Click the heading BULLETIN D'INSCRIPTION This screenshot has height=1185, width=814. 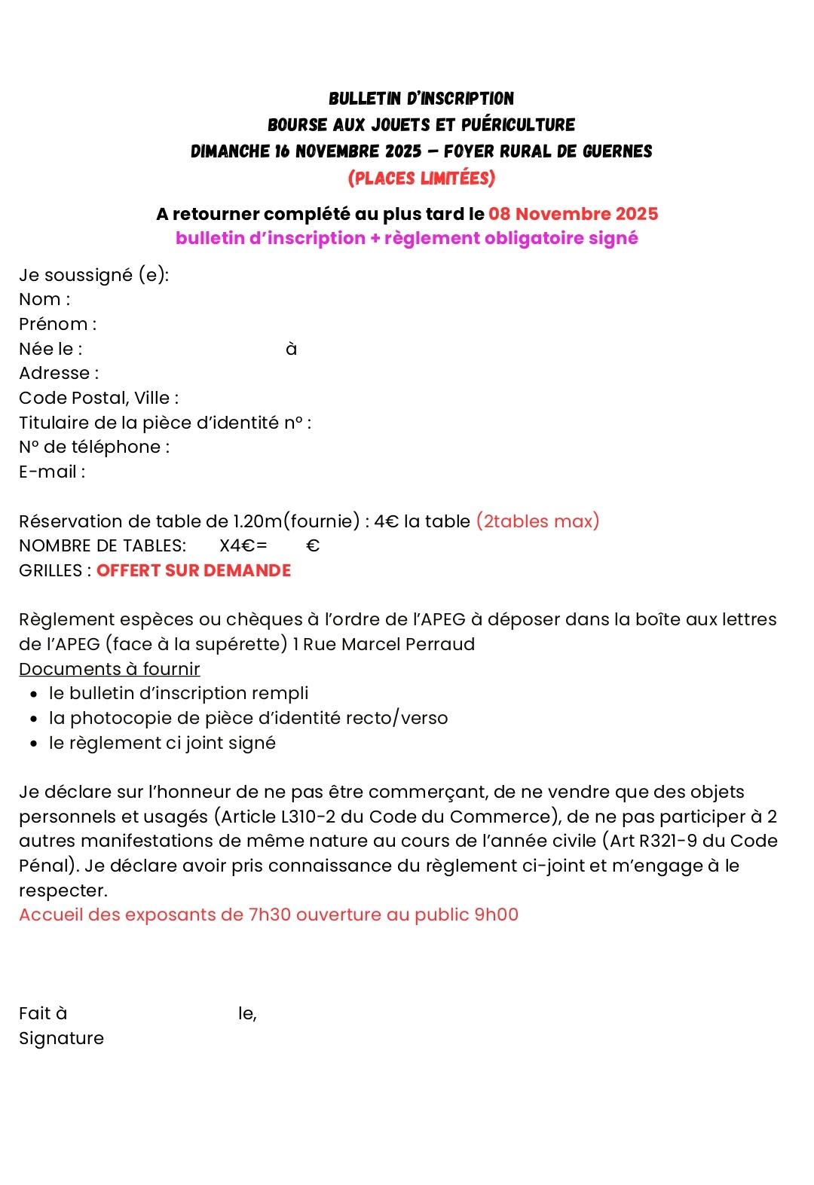(421, 99)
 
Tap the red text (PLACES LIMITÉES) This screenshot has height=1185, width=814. (421, 179)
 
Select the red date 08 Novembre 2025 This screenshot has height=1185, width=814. (573, 214)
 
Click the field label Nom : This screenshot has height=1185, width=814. (44, 300)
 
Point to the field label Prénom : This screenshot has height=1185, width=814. (57, 325)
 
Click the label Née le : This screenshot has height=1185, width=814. (50, 349)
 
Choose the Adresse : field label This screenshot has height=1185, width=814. (59, 374)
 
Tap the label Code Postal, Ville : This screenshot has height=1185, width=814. (99, 398)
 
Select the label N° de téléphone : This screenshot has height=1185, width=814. (94, 447)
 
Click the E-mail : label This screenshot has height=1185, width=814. (52, 472)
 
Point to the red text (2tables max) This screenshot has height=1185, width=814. (537, 521)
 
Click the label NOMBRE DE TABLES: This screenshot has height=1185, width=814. (103, 546)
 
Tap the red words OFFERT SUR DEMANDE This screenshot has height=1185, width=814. (194, 571)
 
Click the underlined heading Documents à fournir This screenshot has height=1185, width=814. (109, 669)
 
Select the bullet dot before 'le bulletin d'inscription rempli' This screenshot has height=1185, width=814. (34, 695)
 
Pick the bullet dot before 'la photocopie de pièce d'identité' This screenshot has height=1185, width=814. (34, 719)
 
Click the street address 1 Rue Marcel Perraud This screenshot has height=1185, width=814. (384, 645)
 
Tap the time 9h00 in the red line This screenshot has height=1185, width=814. (496, 915)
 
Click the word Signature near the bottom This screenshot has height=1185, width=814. (61, 1038)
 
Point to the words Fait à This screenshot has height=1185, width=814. (43, 1014)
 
